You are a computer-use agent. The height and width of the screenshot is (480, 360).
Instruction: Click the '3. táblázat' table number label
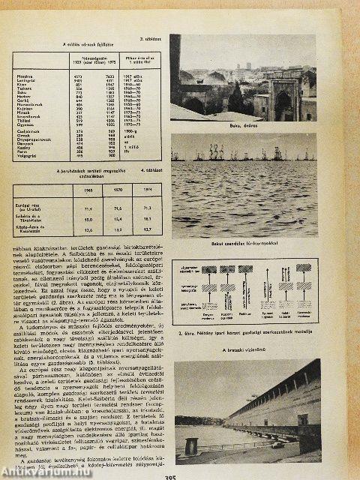(x=151, y=34)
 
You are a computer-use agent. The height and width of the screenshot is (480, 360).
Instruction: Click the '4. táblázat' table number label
(x=151, y=172)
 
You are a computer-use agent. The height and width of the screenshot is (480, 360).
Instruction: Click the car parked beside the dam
(x=279, y=444)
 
